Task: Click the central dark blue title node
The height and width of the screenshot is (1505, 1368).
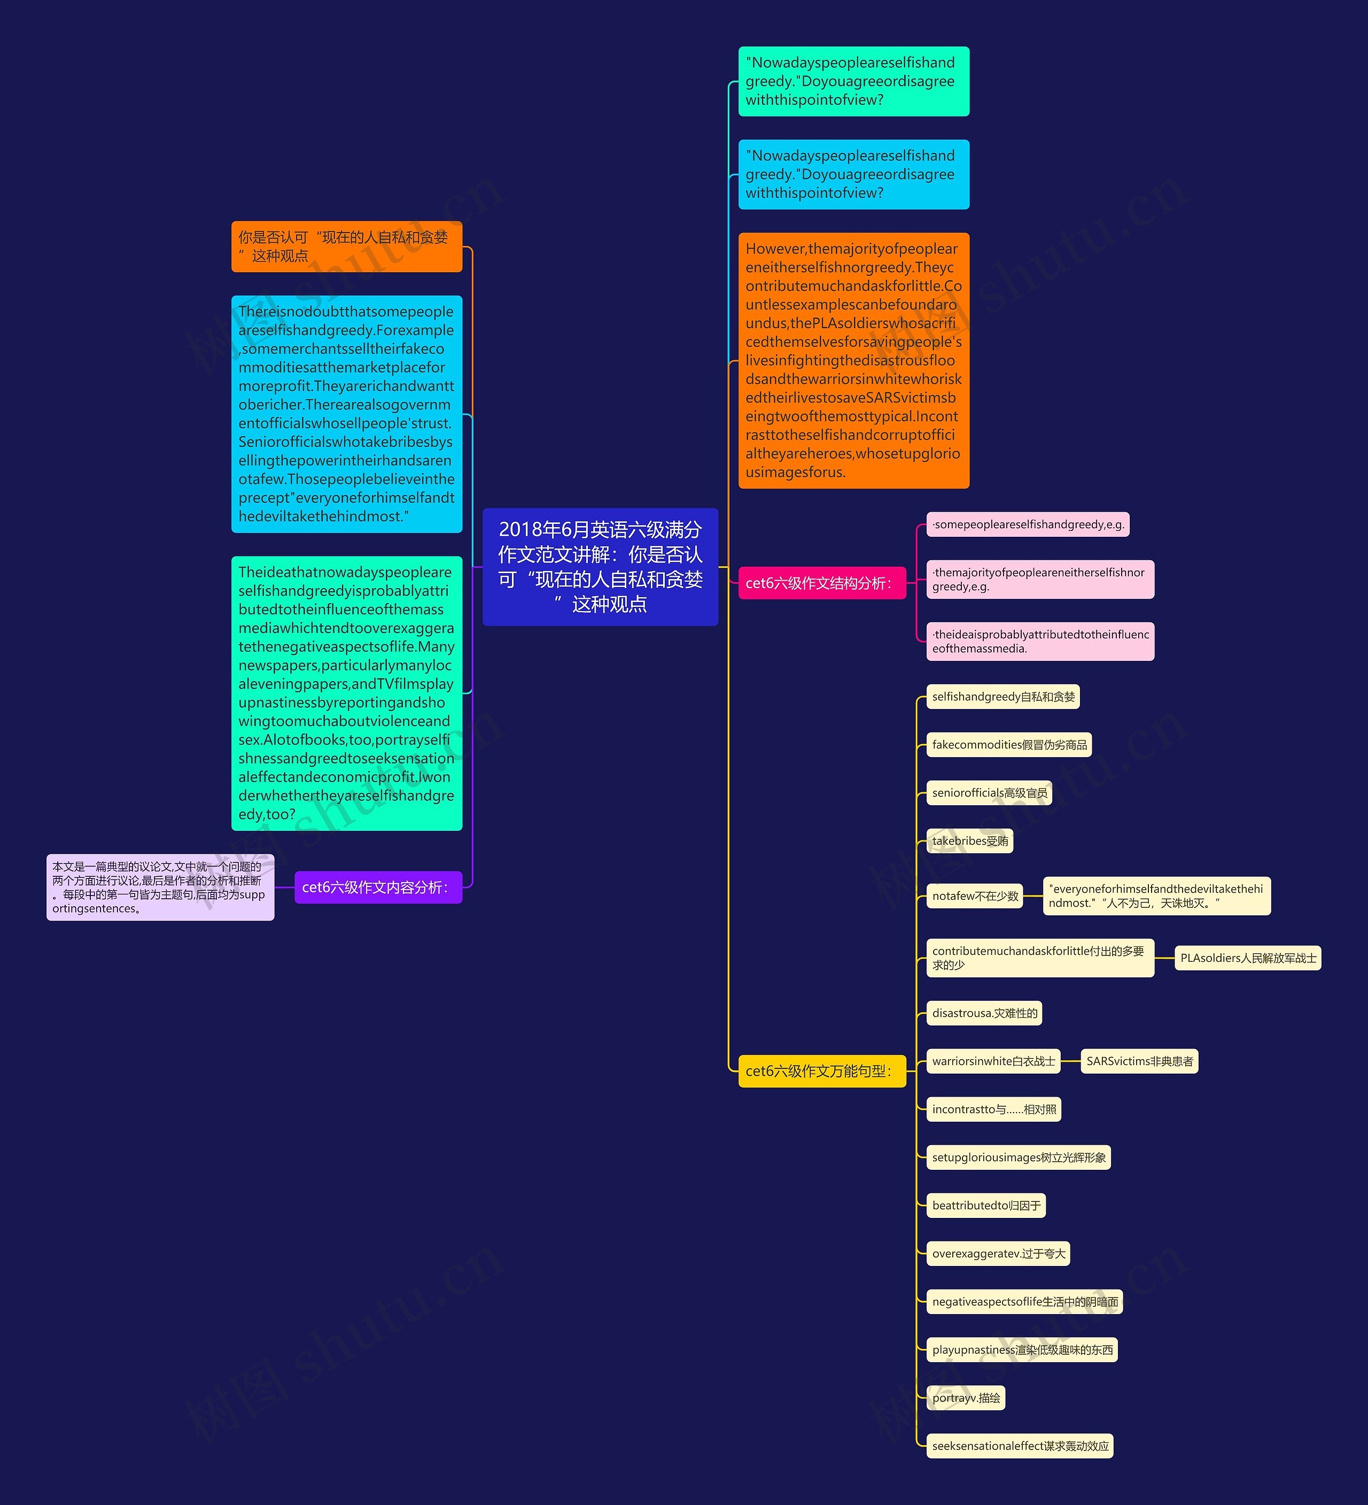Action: coord(600,567)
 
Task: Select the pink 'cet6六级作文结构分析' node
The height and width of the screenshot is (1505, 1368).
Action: coord(821,583)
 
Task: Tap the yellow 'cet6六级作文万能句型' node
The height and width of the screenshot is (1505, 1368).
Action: coord(821,1071)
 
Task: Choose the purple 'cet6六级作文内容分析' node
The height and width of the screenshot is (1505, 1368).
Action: coord(378,887)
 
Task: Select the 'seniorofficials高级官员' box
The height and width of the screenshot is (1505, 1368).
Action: coord(989,793)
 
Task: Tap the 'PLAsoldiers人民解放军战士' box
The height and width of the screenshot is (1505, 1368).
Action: coord(1247,958)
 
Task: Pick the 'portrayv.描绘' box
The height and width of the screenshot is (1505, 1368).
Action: coord(966,1398)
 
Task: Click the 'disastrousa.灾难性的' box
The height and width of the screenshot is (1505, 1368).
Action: coord(984,1013)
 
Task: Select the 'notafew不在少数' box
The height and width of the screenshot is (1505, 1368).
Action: coord(975,896)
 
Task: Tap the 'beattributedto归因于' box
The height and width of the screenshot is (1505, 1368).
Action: coord(986,1205)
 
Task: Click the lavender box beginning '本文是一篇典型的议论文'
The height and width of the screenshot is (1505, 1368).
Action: coord(160,887)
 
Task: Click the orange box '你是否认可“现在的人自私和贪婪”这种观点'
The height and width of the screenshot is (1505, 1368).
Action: coord(346,246)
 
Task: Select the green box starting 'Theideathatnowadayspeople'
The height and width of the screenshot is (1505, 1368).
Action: coord(346,693)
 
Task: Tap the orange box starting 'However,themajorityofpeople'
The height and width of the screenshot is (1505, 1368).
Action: coord(853,360)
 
